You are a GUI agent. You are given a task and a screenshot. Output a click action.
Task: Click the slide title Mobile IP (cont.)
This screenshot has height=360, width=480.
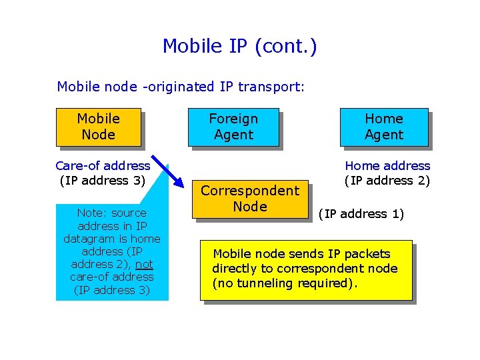[x=240, y=46]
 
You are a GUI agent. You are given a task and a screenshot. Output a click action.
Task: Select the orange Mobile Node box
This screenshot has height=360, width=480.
[x=98, y=127]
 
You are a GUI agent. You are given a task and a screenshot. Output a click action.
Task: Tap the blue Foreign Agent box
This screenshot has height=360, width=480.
[x=233, y=127]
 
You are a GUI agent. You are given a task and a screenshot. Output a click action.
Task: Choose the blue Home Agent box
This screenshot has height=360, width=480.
[x=384, y=127]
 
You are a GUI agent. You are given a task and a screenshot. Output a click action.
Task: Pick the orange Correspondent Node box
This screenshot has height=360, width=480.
[x=250, y=199]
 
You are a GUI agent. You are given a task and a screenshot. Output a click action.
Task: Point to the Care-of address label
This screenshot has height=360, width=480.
[x=103, y=165]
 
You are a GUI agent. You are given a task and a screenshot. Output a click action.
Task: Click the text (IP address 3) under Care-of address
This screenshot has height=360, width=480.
[x=103, y=180]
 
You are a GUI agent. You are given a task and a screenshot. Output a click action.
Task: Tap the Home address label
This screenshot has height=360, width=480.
[x=387, y=165]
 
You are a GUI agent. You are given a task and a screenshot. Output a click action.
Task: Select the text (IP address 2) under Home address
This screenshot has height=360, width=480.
[x=387, y=180]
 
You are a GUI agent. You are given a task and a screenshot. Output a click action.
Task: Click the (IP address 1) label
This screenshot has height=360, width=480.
[x=361, y=214]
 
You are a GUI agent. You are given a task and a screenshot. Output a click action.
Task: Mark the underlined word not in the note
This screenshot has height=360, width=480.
[x=144, y=264]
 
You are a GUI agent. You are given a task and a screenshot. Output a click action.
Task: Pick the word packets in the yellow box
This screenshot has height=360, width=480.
[x=368, y=254]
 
